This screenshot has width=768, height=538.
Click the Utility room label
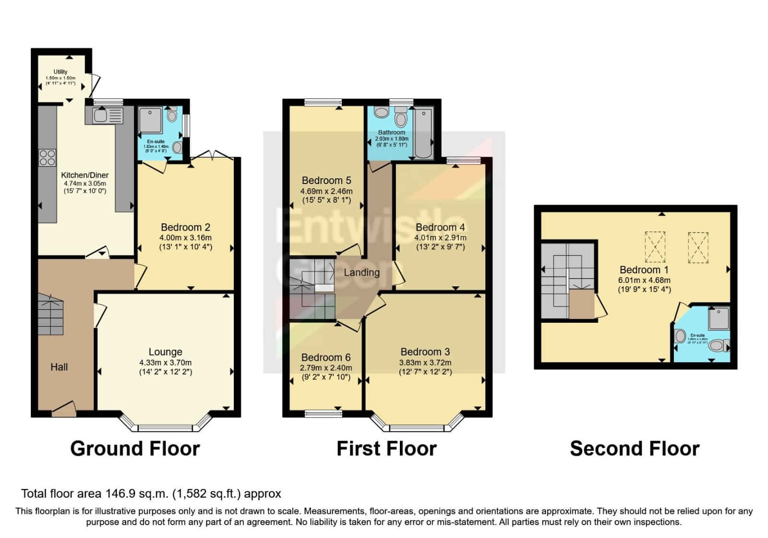(60, 72)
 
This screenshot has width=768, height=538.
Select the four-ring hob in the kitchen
(47, 158)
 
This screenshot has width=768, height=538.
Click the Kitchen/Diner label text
(85, 175)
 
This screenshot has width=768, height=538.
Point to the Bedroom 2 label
(185, 227)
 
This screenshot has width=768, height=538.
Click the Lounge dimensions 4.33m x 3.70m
(166, 363)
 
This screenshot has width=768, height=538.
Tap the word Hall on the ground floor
(59, 367)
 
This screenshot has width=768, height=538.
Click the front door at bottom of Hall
(64, 409)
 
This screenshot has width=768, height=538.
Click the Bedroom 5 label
(326, 181)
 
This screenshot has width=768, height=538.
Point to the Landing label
(361, 272)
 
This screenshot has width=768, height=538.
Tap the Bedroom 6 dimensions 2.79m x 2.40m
(326, 368)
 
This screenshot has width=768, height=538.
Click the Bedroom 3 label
(425, 352)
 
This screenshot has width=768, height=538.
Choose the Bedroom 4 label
(440, 227)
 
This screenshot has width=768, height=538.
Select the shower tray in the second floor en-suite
(719, 318)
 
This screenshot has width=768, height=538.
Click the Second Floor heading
(634, 449)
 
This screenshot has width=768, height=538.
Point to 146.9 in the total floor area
(118, 494)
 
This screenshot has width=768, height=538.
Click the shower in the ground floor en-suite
(151, 120)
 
